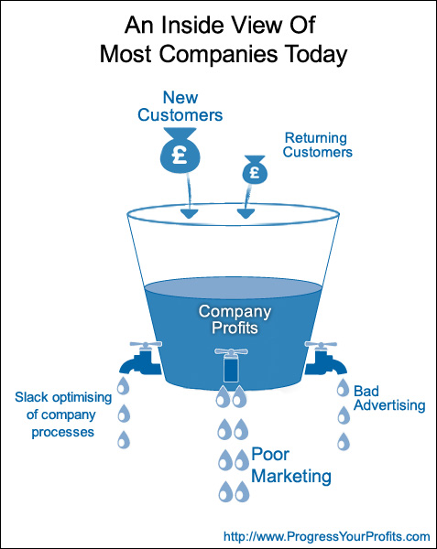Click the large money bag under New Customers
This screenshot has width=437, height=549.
pos(180,151)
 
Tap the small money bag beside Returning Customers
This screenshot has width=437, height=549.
pos(255,170)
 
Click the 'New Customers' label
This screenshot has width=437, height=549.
pos(180,106)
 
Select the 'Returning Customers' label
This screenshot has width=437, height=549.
pos(318,145)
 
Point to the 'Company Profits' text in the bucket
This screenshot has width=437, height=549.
pos(235,319)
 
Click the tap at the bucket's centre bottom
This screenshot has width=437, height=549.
pos(231,365)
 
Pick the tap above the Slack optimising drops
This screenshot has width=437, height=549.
pos(141,358)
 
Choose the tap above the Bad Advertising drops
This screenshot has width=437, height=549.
pos(325,358)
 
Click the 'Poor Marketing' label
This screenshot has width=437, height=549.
pos(291,466)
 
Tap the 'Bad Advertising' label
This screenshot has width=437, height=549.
pos(389,398)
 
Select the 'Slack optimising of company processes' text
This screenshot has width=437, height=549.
pos(63,414)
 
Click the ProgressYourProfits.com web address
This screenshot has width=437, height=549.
pos(327,536)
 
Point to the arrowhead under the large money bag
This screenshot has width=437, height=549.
pos(189,213)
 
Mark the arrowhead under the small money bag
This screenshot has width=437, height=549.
pos(246,213)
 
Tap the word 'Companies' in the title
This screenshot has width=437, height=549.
pos(219,55)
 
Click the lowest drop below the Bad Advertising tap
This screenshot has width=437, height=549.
pos(344,441)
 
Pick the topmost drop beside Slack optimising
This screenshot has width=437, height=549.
pos(123,386)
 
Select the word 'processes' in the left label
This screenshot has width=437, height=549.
pos(62,432)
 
